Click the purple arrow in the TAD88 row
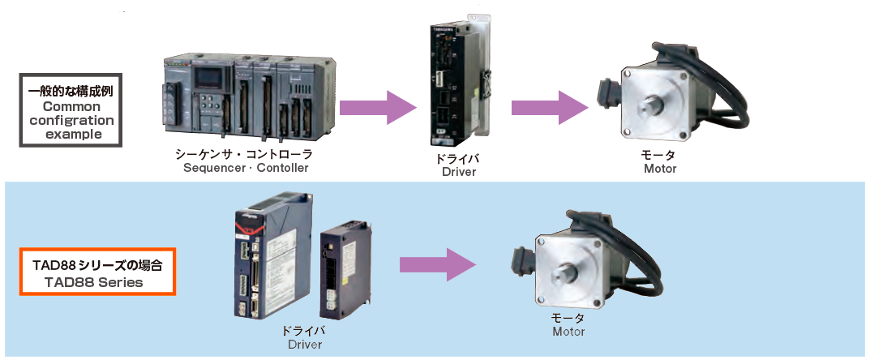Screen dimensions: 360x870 [x=437, y=264]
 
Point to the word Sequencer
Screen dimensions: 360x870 [x=213, y=168]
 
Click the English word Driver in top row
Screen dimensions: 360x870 [x=459, y=172]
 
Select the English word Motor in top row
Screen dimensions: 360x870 [x=660, y=169]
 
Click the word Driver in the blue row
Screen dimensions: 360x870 [x=305, y=345]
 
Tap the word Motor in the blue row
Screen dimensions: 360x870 [x=568, y=332]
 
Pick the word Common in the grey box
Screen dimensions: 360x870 [x=71, y=106]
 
